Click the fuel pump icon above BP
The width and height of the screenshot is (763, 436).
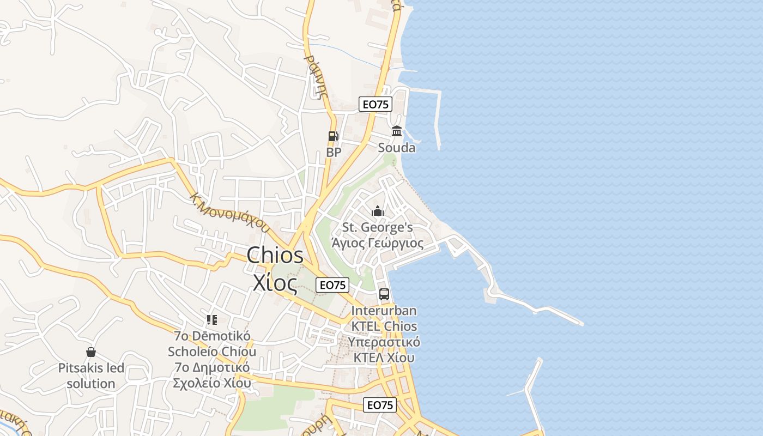pos(333,136)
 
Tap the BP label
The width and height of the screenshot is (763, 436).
pos(334,152)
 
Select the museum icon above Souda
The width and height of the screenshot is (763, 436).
pos(397,131)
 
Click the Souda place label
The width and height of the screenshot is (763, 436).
pos(397,148)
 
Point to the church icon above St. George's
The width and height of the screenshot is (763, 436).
pos(378,211)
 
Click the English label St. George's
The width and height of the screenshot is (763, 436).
pos(377,227)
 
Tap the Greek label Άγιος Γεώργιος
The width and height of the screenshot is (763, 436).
pos(377,243)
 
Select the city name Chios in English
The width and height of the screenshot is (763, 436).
pos(275,255)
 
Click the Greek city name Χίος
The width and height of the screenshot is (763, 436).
pos(275,282)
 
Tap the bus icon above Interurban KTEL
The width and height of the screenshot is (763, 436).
pos(384,294)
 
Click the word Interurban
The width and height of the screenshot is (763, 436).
pos(384,311)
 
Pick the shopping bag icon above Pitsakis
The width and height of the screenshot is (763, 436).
pos(91,353)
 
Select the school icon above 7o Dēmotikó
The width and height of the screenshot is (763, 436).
pos(212,320)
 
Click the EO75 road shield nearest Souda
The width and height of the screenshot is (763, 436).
pos(376,104)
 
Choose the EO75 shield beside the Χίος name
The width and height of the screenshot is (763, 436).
pos(333,284)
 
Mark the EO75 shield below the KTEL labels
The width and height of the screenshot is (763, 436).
pos(380,405)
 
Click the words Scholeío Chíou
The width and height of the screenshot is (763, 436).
pos(212,352)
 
